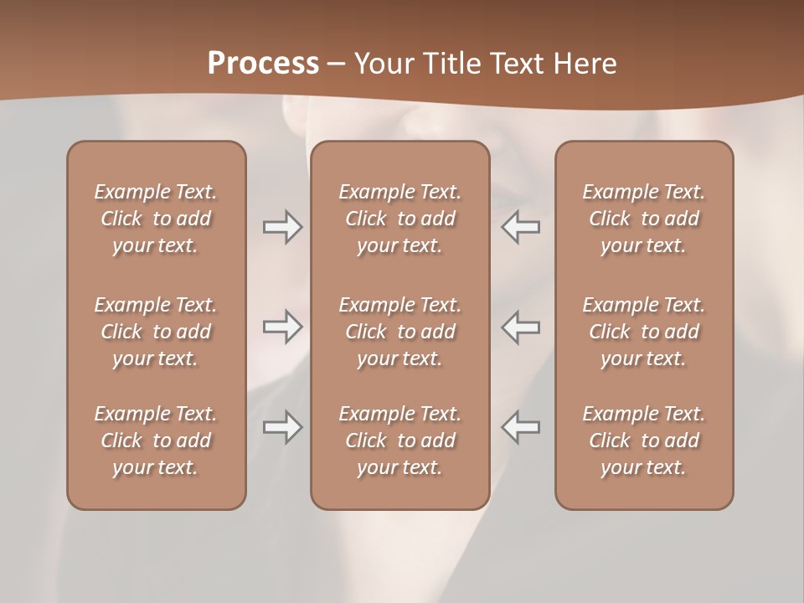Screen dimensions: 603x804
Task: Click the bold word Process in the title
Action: [263, 63]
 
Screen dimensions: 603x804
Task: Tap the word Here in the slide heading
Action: [585, 63]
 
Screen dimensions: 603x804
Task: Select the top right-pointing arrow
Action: [282, 227]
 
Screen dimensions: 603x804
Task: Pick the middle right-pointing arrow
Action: [282, 327]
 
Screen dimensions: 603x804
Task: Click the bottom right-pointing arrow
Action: [282, 427]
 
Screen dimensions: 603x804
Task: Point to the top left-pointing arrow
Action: [520, 227]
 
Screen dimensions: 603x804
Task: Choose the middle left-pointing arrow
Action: [520, 327]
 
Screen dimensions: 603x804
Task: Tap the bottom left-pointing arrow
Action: [520, 427]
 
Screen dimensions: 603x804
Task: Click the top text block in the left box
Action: [156, 219]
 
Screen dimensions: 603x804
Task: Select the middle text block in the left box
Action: [156, 332]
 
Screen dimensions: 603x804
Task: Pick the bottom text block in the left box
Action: [156, 441]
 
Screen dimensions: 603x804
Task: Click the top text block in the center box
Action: [399, 219]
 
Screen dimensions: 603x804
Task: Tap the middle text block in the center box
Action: [399, 332]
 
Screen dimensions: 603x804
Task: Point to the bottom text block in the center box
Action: [399, 441]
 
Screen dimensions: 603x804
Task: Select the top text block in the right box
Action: [643, 219]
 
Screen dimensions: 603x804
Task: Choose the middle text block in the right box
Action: [643, 332]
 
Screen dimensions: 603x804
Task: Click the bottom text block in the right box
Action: [643, 441]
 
